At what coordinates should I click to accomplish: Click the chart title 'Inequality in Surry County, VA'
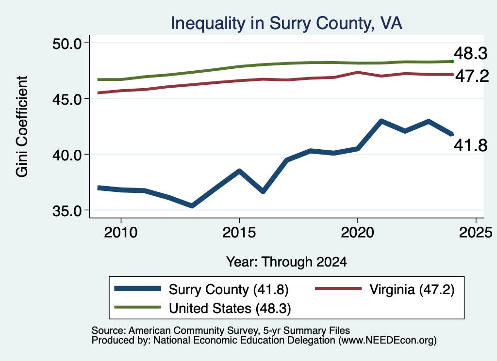(286, 24)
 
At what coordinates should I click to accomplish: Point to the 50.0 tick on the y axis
(67, 43)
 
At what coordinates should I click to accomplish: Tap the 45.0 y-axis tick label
(67, 99)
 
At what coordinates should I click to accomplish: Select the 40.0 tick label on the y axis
(67, 155)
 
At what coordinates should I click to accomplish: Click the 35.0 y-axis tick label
(67, 210)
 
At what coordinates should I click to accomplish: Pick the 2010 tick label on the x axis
(121, 233)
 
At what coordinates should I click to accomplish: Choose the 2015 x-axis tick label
(239, 233)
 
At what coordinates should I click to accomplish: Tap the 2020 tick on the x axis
(358, 233)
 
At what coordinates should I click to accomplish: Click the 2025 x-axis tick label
(476, 233)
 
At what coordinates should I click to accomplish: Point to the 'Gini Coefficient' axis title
(22, 126)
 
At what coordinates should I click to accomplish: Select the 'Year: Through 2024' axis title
(286, 262)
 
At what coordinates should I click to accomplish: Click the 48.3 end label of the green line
(470, 53)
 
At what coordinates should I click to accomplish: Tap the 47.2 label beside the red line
(472, 76)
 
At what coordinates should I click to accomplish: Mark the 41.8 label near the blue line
(470, 145)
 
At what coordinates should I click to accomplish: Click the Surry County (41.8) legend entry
(201, 289)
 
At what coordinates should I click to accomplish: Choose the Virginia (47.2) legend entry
(385, 289)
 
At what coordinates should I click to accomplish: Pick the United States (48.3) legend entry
(202, 308)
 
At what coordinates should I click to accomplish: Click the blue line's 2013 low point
(192, 206)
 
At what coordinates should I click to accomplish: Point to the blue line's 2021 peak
(381, 121)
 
